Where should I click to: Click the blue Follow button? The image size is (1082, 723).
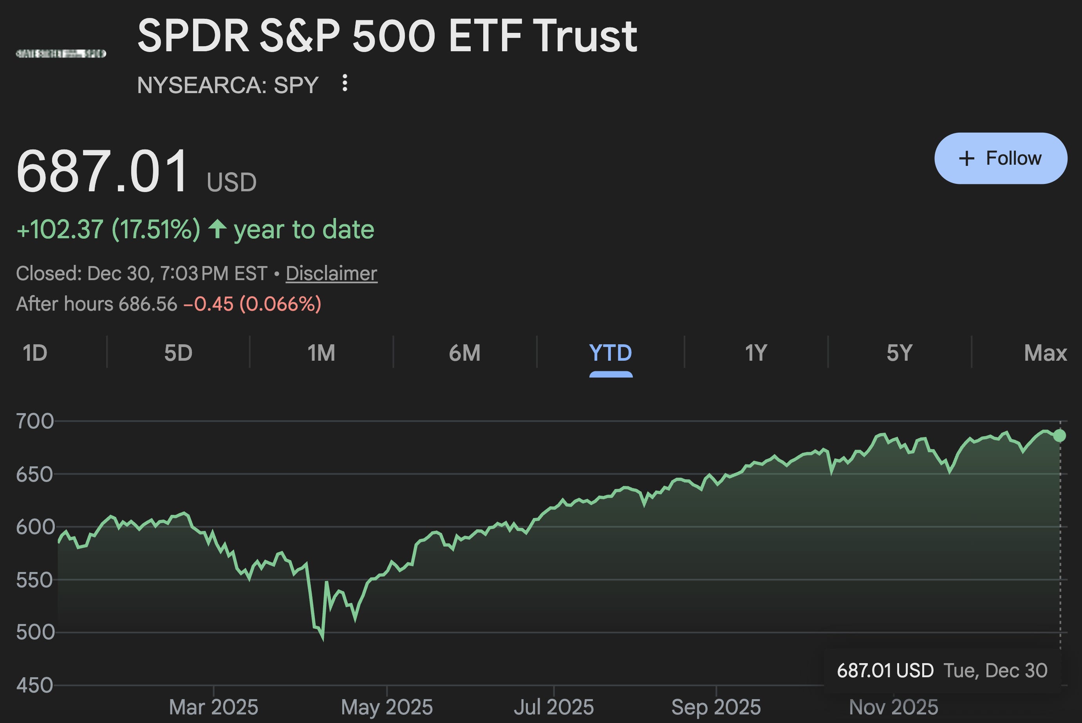(x=1000, y=158)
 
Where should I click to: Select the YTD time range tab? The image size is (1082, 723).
(x=611, y=353)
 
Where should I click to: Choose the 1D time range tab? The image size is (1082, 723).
(x=35, y=353)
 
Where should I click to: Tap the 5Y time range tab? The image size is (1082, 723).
(x=899, y=353)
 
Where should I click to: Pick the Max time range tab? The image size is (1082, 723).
(x=1045, y=353)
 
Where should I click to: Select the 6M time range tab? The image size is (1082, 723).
(x=464, y=353)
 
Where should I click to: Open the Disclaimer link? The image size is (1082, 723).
(x=331, y=273)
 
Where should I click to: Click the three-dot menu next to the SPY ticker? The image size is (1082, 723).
(x=345, y=83)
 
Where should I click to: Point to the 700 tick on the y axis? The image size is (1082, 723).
(x=35, y=421)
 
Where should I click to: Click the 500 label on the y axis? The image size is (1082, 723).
(x=35, y=632)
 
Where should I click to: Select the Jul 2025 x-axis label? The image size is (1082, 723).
(x=554, y=707)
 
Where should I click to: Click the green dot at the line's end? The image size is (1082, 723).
(x=1060, y=436)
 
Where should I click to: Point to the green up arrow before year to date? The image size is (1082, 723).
(x=217, y=229)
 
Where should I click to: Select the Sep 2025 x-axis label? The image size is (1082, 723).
(x=715, y=707)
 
